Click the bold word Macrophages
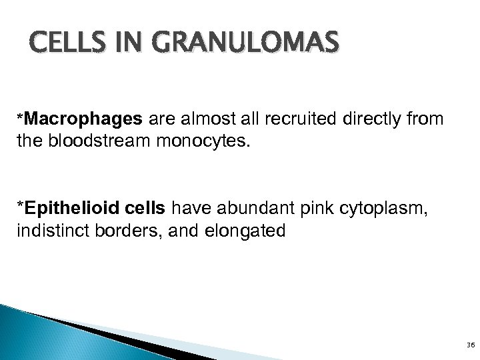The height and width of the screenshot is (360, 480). (x=103, y=119)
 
